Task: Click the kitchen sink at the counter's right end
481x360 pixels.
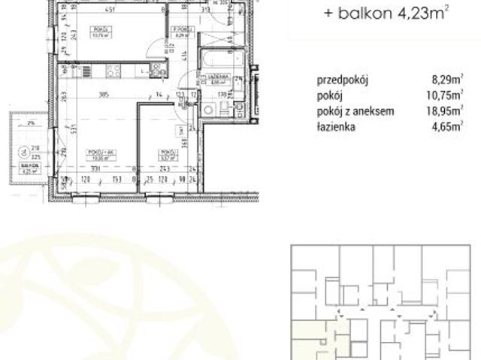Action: click(156, 70)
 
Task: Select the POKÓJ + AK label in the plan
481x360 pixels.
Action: click(95, 153)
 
